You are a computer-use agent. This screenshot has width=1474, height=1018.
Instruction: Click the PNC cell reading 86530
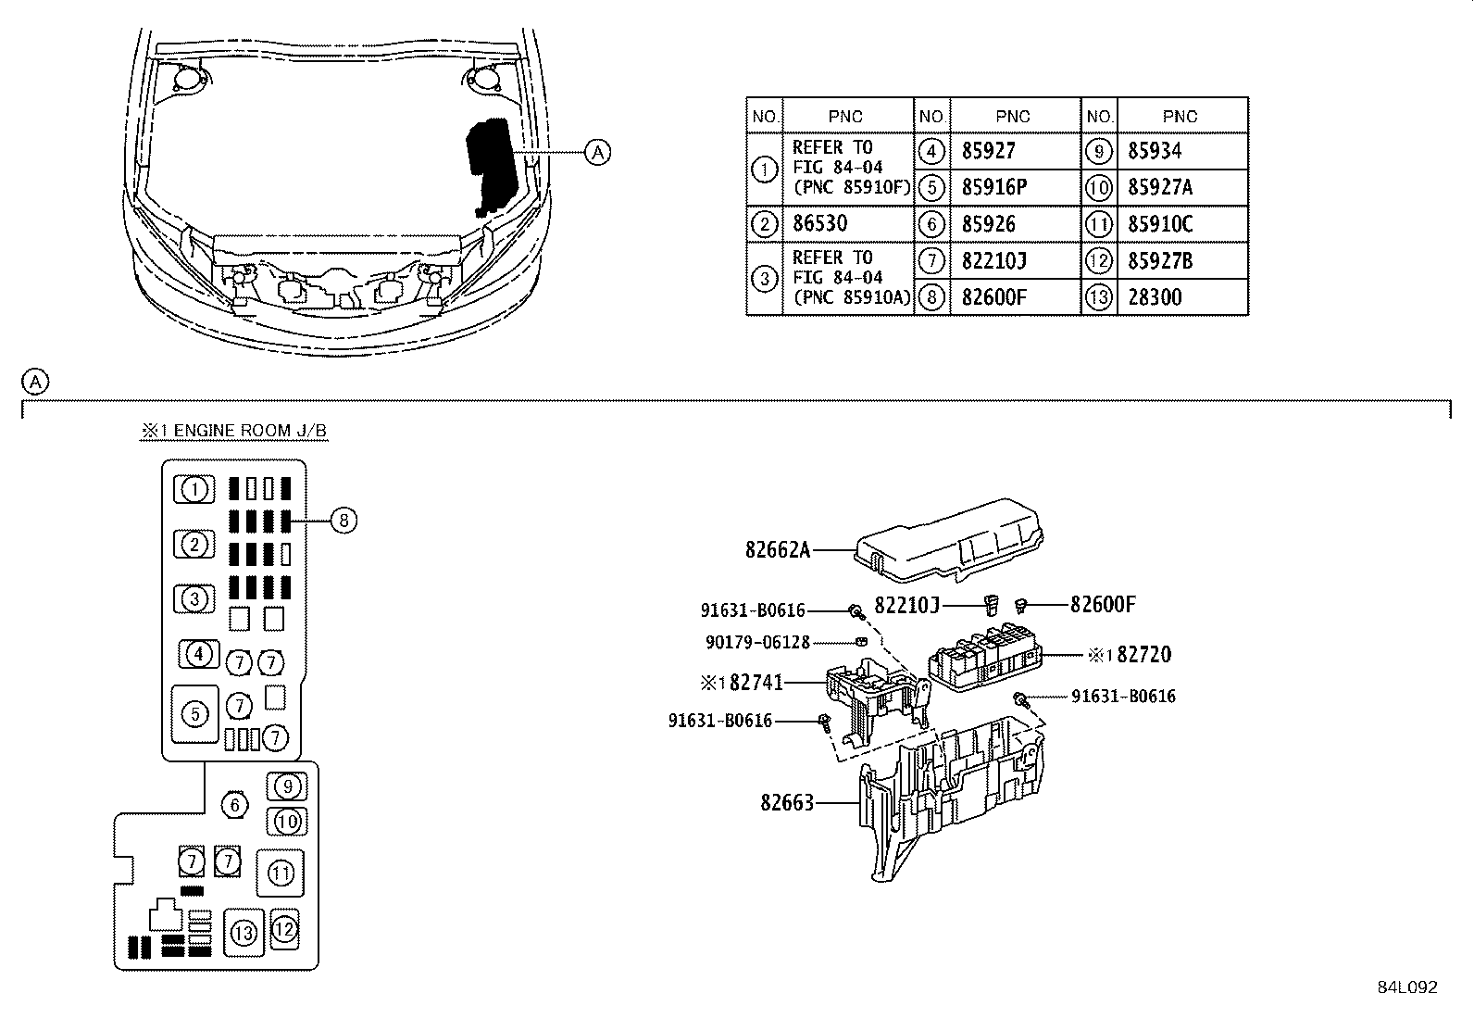pos(847,224)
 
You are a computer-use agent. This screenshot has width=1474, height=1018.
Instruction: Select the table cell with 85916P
pos(1015,188)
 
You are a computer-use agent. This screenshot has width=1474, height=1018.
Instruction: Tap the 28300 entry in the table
pos(1181,297)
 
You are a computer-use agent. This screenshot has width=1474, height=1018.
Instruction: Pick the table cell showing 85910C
pos(1181,224)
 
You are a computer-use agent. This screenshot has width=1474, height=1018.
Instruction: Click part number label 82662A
pos(777,549)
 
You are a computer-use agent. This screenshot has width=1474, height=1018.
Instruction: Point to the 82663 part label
pos(787,803)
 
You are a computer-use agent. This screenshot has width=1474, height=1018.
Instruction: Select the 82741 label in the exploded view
pos(756,682)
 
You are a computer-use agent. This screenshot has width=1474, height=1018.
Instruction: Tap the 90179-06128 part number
pos(757,642)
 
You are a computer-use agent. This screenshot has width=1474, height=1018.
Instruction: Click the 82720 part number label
pos(1144,655)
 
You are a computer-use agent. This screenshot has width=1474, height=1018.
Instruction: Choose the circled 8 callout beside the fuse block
pos(344,521)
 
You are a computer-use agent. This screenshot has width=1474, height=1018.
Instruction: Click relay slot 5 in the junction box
pos(194,714)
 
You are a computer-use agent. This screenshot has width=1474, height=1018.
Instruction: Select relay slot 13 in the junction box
pos(244,933)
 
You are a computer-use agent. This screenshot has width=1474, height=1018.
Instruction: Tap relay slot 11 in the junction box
pos(281,873)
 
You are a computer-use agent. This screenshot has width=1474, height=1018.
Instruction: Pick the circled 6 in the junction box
pos(234,805)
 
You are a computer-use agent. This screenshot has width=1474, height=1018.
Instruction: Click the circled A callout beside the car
pos(597,153)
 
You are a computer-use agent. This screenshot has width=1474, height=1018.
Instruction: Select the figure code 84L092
pos(1407,987)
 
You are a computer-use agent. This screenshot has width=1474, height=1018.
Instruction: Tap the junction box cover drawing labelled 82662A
pos(948,541)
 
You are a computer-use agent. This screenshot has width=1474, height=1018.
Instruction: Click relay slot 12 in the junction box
pos(284,929)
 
